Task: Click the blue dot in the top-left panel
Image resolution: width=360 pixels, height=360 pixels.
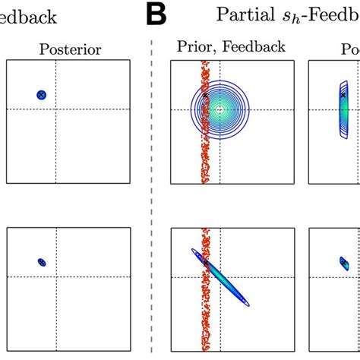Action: tap(42, 95)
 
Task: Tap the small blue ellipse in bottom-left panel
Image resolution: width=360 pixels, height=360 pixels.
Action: tap(42, 262)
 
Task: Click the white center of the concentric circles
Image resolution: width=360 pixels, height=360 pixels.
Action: tap(220, 109)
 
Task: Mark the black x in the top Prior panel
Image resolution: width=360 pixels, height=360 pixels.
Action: tap(204, 96)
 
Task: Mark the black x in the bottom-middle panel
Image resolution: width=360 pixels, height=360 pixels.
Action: tap(205, 263)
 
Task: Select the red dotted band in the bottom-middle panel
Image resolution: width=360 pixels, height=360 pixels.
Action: tap(204, 319)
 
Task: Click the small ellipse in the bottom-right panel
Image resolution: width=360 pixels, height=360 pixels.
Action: tap(343, 262)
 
